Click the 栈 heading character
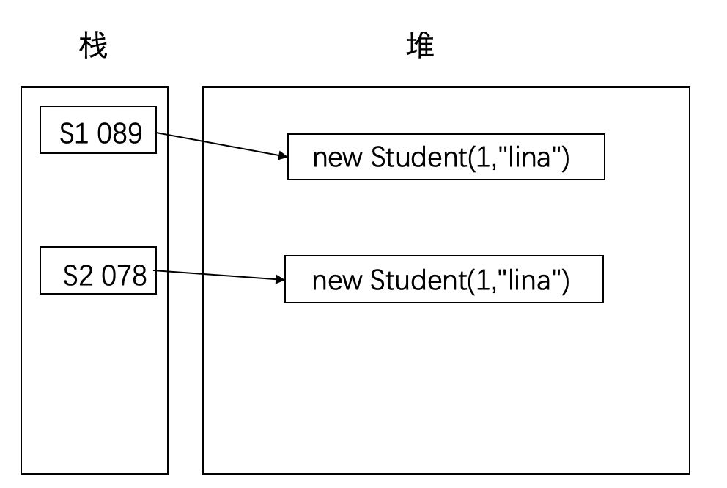coord(93,46)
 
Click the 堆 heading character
coord(421,46)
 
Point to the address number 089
coord(119,134)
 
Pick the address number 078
coord(124,276)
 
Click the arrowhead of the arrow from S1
coord(282,155)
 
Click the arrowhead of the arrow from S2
coord(280,279)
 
